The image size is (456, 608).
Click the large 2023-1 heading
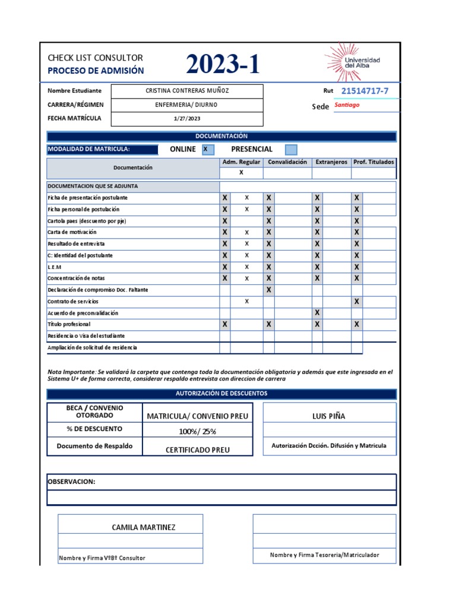coord(223,65)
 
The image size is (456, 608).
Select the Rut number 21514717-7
coord(365,91)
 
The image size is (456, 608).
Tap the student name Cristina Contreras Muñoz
coord(187,91)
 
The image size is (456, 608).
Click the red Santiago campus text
coord(347,105)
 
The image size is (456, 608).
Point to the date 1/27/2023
coord(187,118)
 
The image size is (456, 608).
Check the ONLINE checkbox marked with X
coord(207,150)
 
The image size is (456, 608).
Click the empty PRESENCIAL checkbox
coord(291,150)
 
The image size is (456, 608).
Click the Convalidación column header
coord(287,162)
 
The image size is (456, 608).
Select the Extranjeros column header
coord(331,162)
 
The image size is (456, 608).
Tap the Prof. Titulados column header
coord(373,162)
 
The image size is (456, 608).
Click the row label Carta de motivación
coord(72,232)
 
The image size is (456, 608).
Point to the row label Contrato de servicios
coord(73,302)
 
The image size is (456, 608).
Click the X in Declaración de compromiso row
coord(269,290)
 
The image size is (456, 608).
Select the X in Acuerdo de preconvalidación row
coord(317,313)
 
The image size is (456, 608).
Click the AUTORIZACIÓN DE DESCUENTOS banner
coord(221,394)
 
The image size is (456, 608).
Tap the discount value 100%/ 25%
coord(197,431)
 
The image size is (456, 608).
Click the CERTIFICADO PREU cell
coord(197,450)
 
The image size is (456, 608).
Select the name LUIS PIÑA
coord(328,416)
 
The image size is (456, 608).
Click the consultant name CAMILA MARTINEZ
coord(144,527)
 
